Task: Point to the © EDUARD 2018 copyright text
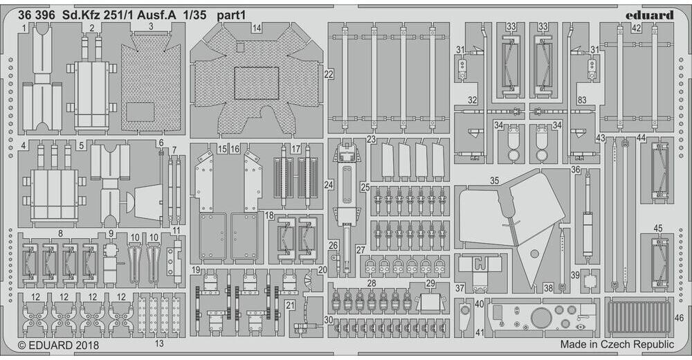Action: point(58,345)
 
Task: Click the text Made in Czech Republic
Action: point(617,345)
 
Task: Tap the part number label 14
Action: point(257,28)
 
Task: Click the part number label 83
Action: point(582,100)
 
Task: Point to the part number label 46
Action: point(680,318)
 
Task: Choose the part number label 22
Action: point(329,74)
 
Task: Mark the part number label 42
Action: point(636,28)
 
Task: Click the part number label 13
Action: point(160,344)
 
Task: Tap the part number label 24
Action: point(329,185)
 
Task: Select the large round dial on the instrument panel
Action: point(540,318)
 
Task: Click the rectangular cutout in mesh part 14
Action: point(255,84)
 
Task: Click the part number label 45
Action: point(657,228)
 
